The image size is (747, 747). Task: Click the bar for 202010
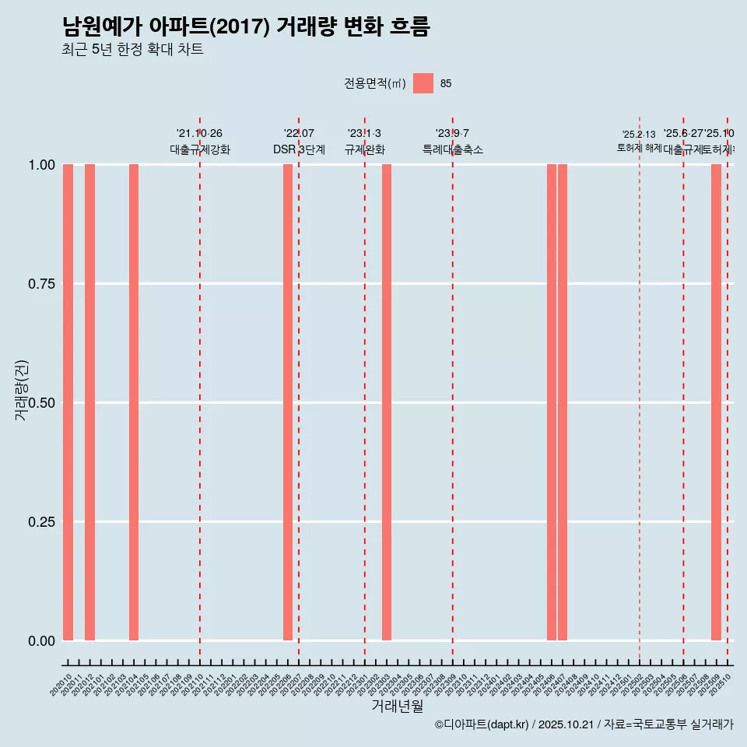coord(68,402)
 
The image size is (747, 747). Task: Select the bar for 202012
coord(89,402)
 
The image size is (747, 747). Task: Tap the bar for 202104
coord(134,402)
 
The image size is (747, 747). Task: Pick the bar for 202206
coord(288,402)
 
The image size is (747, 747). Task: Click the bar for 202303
coord(387,402)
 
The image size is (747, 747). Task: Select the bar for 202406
coord(552,402)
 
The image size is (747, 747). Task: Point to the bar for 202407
coord(563,402)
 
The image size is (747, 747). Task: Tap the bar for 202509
coord(716,402)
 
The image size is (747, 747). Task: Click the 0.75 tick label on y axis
coord(41,284)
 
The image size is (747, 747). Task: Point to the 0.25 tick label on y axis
coord(41,522)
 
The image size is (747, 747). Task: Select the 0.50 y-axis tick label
coord(41,403)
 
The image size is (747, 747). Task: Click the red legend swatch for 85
coord(423,83)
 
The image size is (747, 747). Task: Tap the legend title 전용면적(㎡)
coord(375,84)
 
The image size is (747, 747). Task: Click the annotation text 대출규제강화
coord(200,149)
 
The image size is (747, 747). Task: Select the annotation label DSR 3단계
coord(299,149)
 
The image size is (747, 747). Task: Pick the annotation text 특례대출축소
coord(453,149)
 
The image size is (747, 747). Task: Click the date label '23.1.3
coord(364,134)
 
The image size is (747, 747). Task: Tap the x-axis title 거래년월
coord(397,707)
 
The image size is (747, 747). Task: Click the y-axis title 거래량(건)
coord(22,391)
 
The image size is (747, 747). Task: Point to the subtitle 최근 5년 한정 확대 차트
coord(132,50)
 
